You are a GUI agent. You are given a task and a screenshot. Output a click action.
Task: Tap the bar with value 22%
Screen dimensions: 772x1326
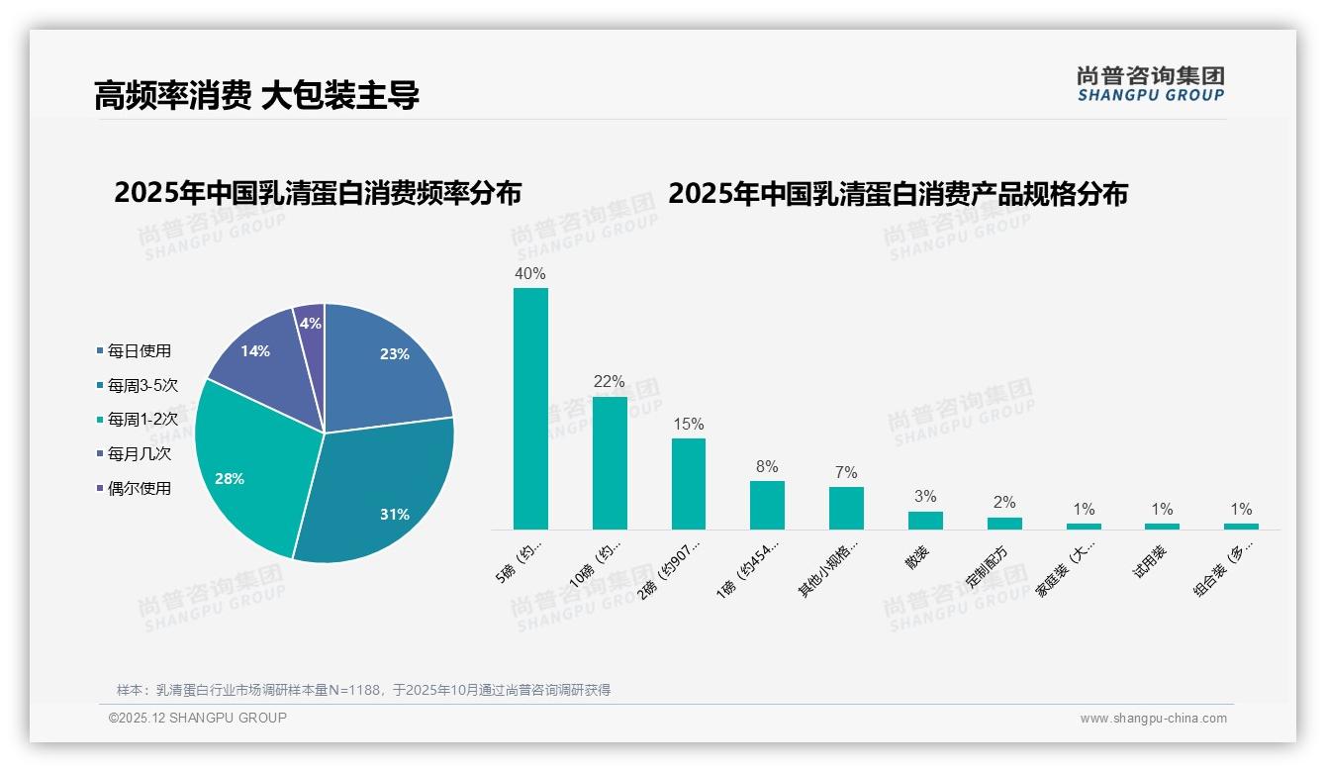point(610,462)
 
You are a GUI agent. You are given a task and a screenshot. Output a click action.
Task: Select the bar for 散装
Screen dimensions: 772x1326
point(925,520)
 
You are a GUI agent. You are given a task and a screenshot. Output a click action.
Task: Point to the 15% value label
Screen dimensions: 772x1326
point(688,424)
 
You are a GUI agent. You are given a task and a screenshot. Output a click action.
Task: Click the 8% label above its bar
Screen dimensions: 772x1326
point(767,466)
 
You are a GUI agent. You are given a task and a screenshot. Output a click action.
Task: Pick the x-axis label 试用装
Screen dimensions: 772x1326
point(1149,561)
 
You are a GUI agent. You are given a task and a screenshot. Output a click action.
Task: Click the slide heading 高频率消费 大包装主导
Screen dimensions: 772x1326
point(256,95)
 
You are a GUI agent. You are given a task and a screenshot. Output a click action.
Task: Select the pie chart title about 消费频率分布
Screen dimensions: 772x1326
point(318,192)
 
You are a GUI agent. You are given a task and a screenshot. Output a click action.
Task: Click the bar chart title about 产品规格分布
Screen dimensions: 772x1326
point(898,193)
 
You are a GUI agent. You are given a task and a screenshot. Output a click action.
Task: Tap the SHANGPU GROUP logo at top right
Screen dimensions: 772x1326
point(1150,84)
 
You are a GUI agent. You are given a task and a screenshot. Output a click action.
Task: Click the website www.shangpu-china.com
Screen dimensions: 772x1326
point(1153,719)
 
